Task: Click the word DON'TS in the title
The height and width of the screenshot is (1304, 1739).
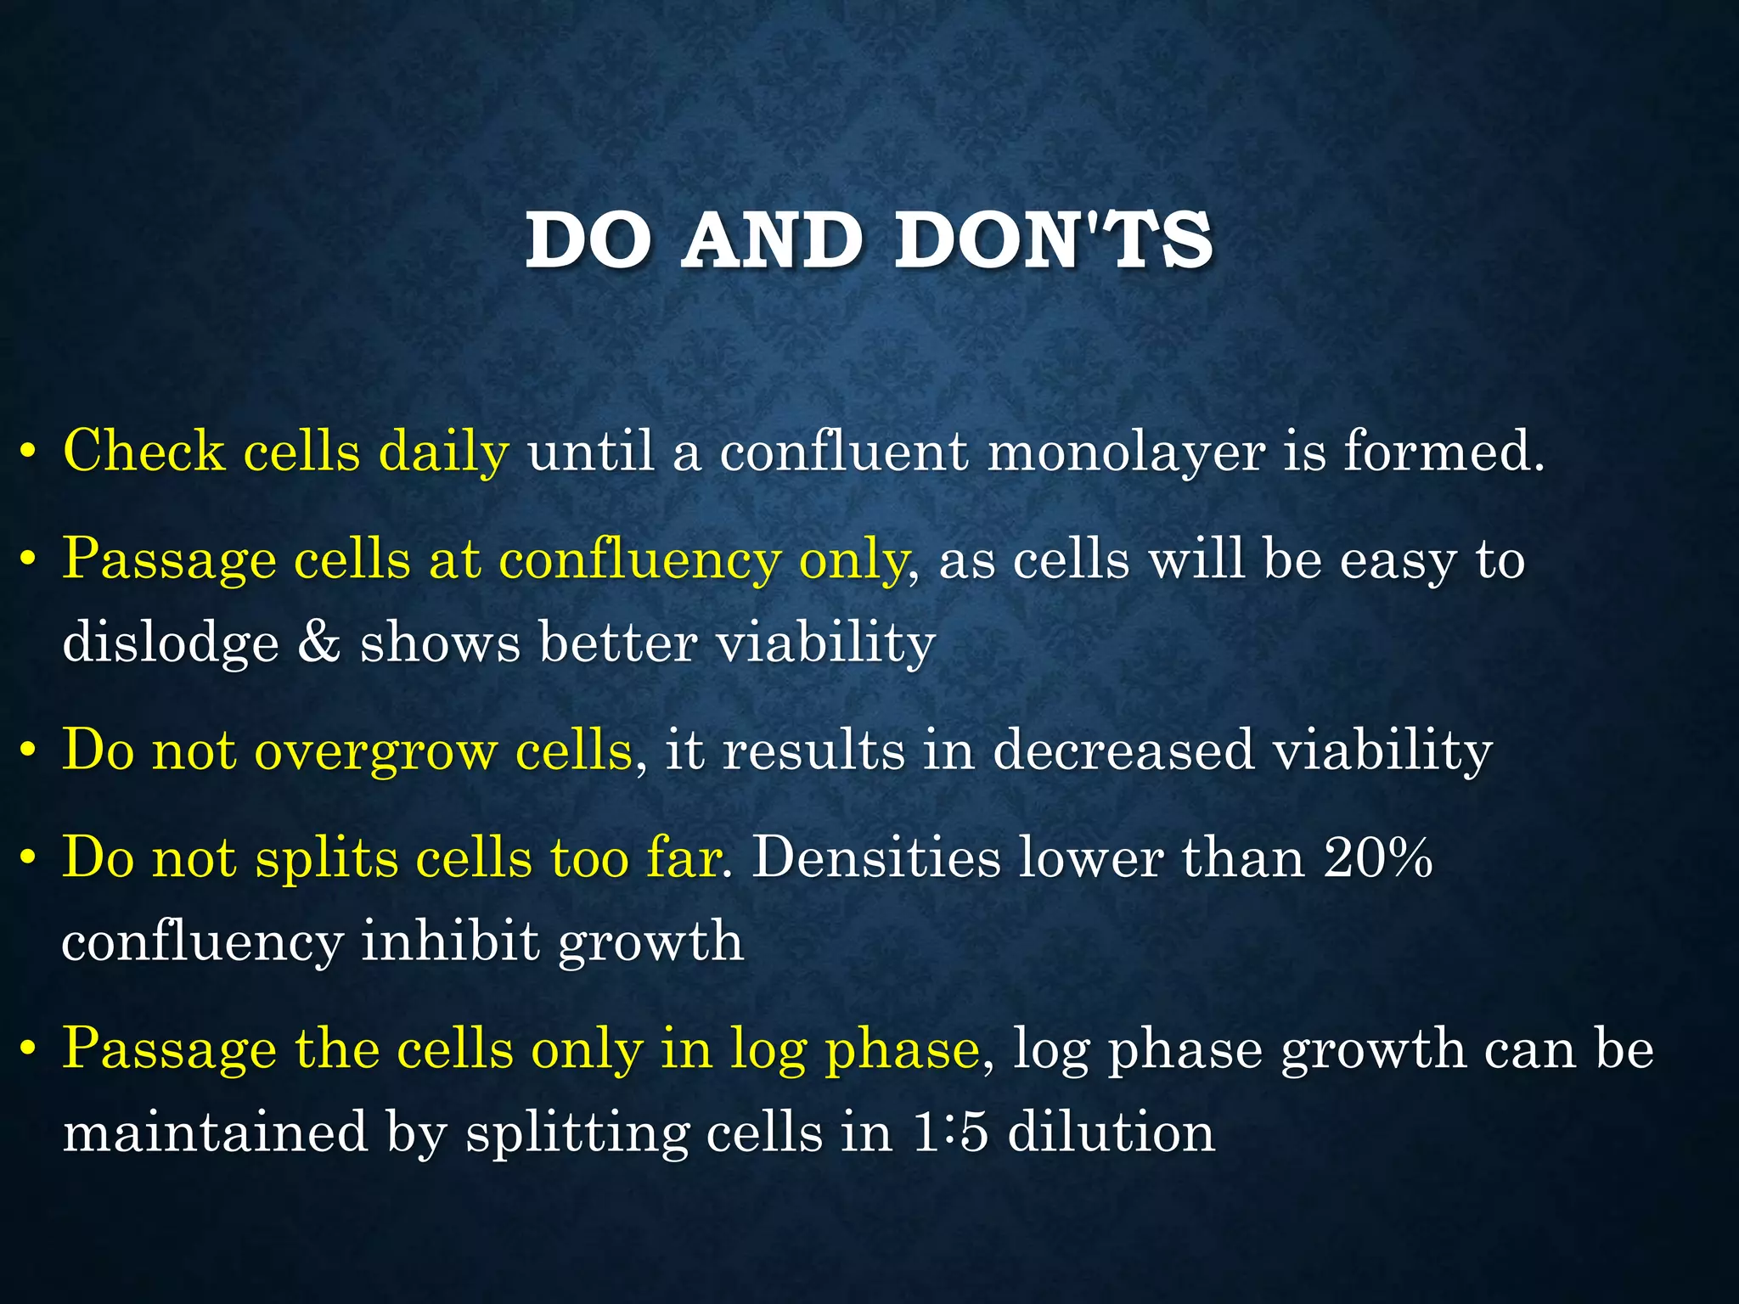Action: pyautogui.click(x=1053, y=241)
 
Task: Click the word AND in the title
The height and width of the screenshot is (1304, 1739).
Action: pyautogui.click(x=772, y=241)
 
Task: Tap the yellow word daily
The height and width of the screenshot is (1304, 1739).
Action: pyautogui.click(x=442, y=451)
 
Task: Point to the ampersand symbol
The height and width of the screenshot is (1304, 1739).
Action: pyautogui.click(x=319, y=642)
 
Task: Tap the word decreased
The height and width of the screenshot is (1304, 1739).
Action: pyautogui.click(x=1123, y=750)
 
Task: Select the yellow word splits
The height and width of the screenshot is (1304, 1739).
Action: pyautogui.click(x=327, y=858)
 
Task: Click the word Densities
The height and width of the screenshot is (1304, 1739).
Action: pyautogui.click(x=876, y=857)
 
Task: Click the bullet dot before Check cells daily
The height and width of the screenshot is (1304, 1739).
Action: pyautogui.click(x=29, y=452)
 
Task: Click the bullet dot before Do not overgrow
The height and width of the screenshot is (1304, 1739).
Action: pyautogui.click(x=29, y=752)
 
